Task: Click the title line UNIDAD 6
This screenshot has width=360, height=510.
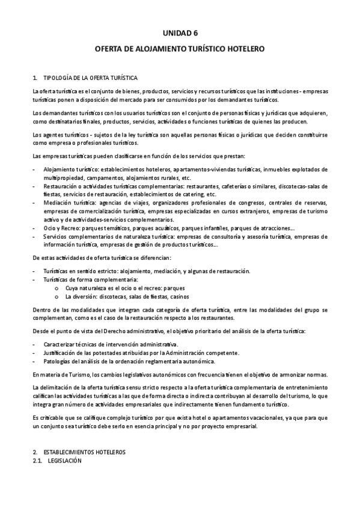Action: [180, 34]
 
